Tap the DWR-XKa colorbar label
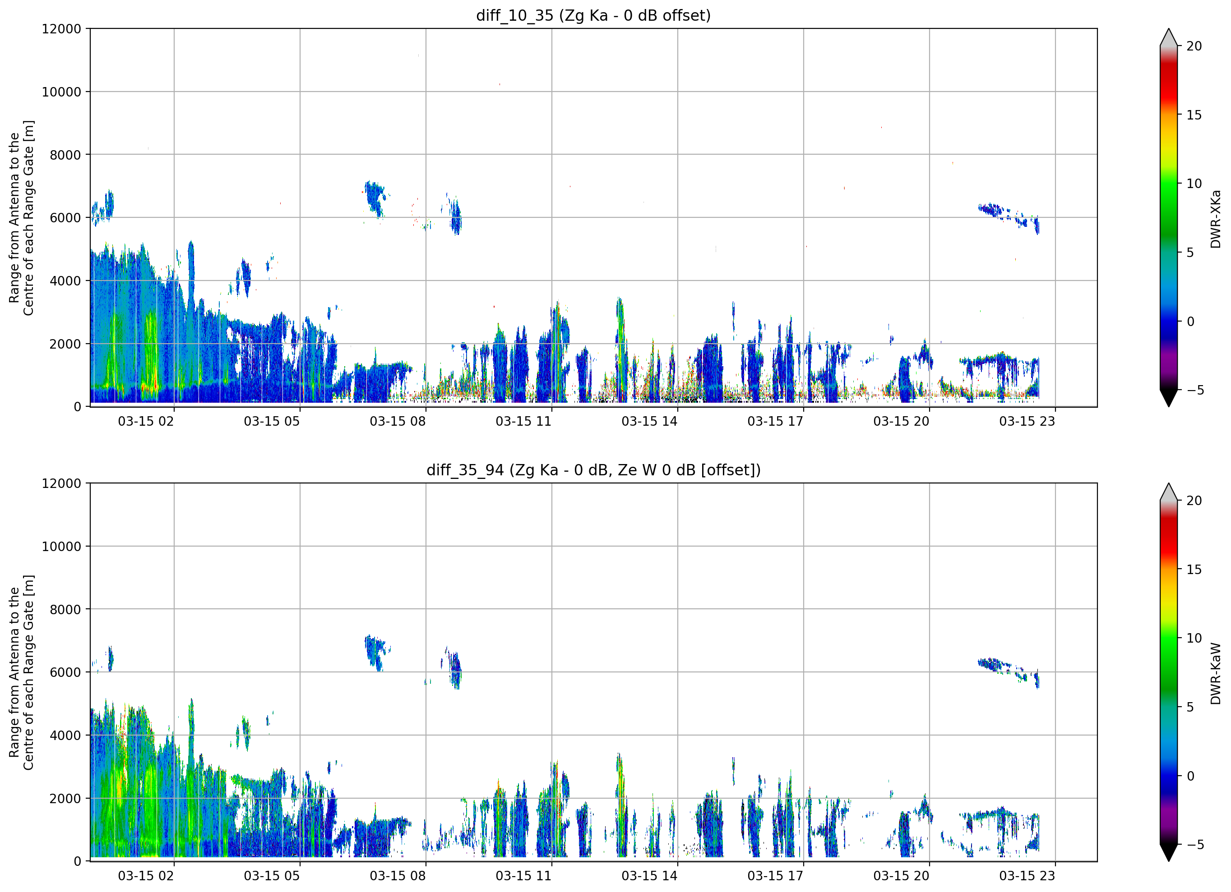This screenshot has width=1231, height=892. click(1215, 219)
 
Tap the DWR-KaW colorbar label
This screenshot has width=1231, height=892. click(1215, 673)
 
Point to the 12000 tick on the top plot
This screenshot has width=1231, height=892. click(61, 29)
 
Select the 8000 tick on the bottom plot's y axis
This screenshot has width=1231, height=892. click(65, 609)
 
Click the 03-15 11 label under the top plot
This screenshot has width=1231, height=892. click(523, 421)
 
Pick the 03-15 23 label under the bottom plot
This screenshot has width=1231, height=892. click(1027, 875)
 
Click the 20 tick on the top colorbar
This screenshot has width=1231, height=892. click(1194, 46)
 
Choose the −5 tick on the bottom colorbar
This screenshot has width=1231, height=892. click(1194, 844)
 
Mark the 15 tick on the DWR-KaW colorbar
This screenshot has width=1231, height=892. click(1194, 569)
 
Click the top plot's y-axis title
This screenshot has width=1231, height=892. click(22, 217)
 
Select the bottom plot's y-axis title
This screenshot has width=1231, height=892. click(22, 672)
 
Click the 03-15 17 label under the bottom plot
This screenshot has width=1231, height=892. click(775, 875)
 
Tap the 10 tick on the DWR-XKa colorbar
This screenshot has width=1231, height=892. click(1194, 184)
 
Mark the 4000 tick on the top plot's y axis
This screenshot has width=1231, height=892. click(65, 281)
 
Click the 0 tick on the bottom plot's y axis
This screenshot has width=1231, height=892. click(78, 861)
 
